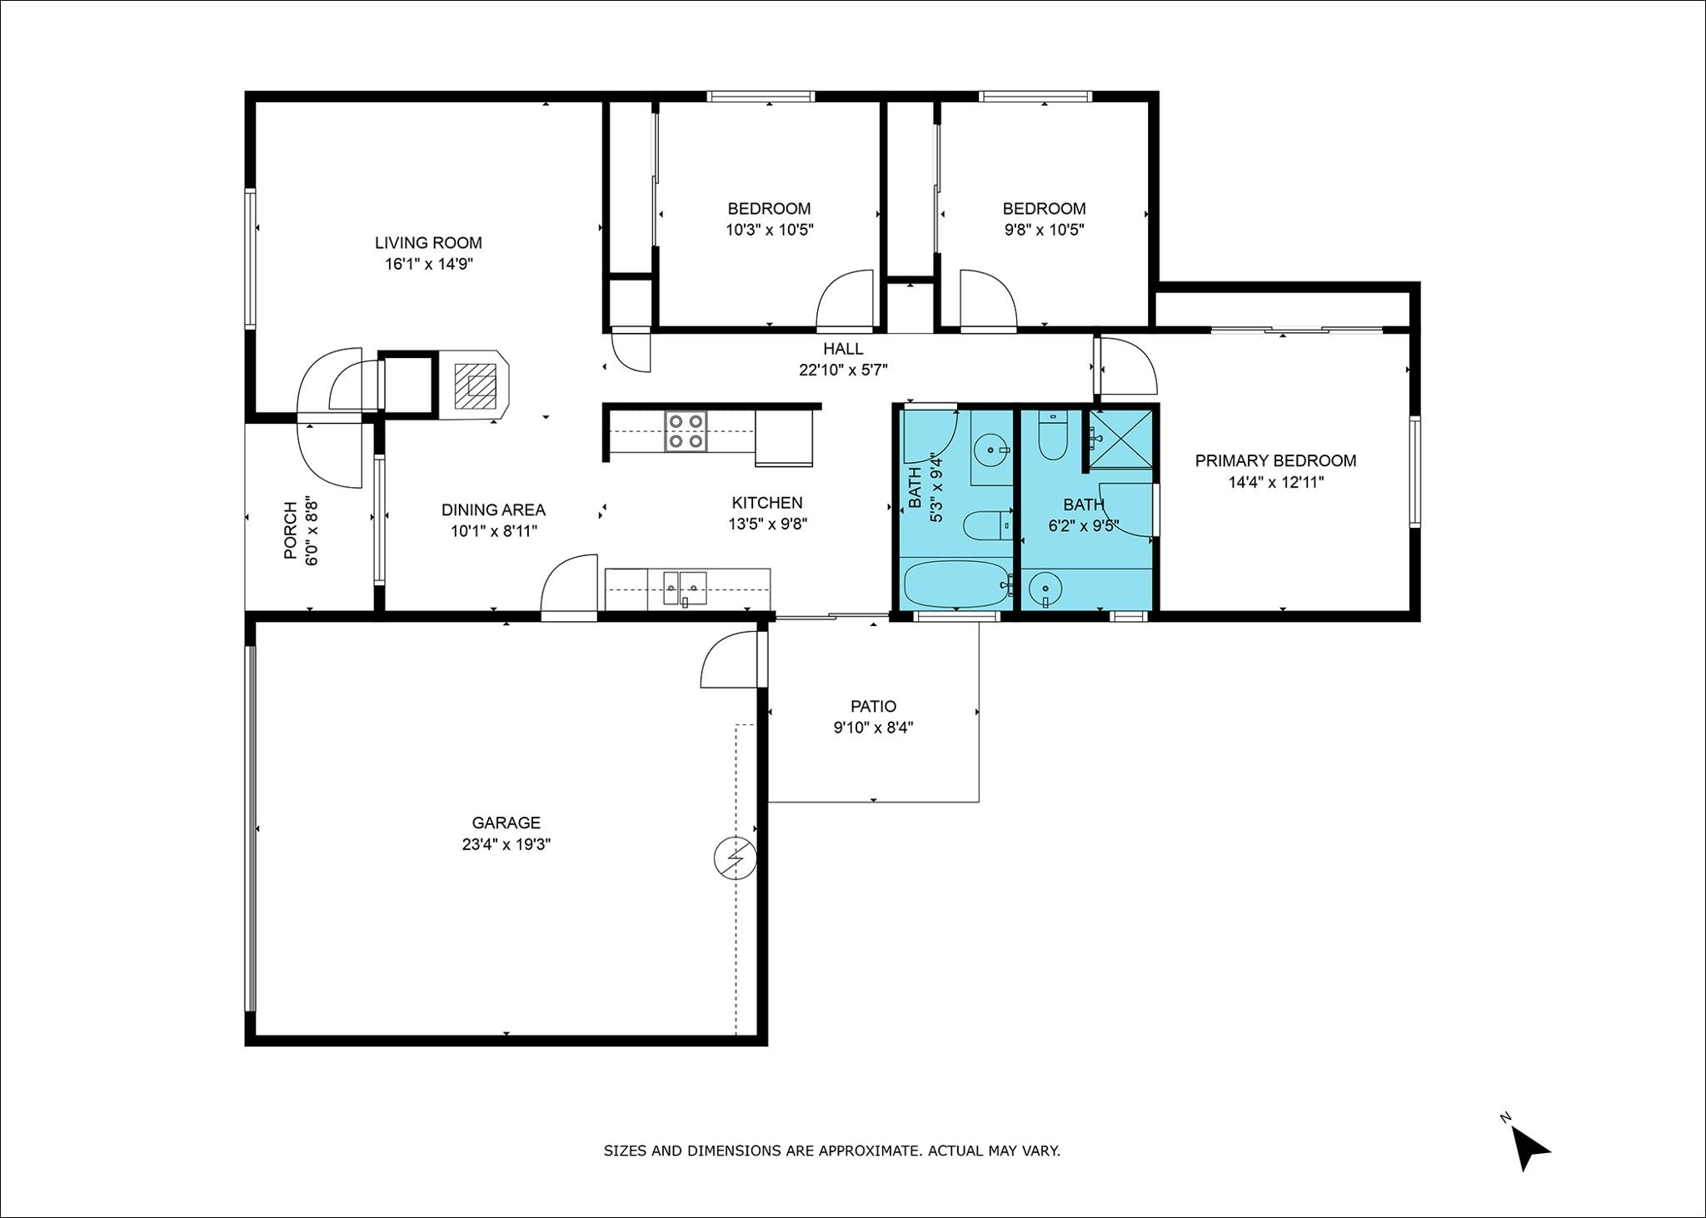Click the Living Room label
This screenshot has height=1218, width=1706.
[428, 243]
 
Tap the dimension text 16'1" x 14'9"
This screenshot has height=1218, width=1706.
[428, 265]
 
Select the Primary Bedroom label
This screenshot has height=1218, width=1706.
[1275, 460]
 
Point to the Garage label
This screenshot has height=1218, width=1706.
[506, 823]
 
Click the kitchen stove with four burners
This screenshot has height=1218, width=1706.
[686, 432]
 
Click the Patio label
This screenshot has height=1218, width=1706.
[873, 707]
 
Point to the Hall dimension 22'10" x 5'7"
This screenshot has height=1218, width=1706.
[843, 370]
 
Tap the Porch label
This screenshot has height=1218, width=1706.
[290, 530]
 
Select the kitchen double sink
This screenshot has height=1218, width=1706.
[685, 588]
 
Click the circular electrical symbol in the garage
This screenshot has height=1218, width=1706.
[736, 858]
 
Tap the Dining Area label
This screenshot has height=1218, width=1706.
[493, 510]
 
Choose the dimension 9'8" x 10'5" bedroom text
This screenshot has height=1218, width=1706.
[1044, 230]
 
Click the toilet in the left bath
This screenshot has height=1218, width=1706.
[987, 525]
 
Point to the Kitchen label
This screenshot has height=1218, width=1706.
[767, 503]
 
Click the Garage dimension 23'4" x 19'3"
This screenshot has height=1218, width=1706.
[506, 844]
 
